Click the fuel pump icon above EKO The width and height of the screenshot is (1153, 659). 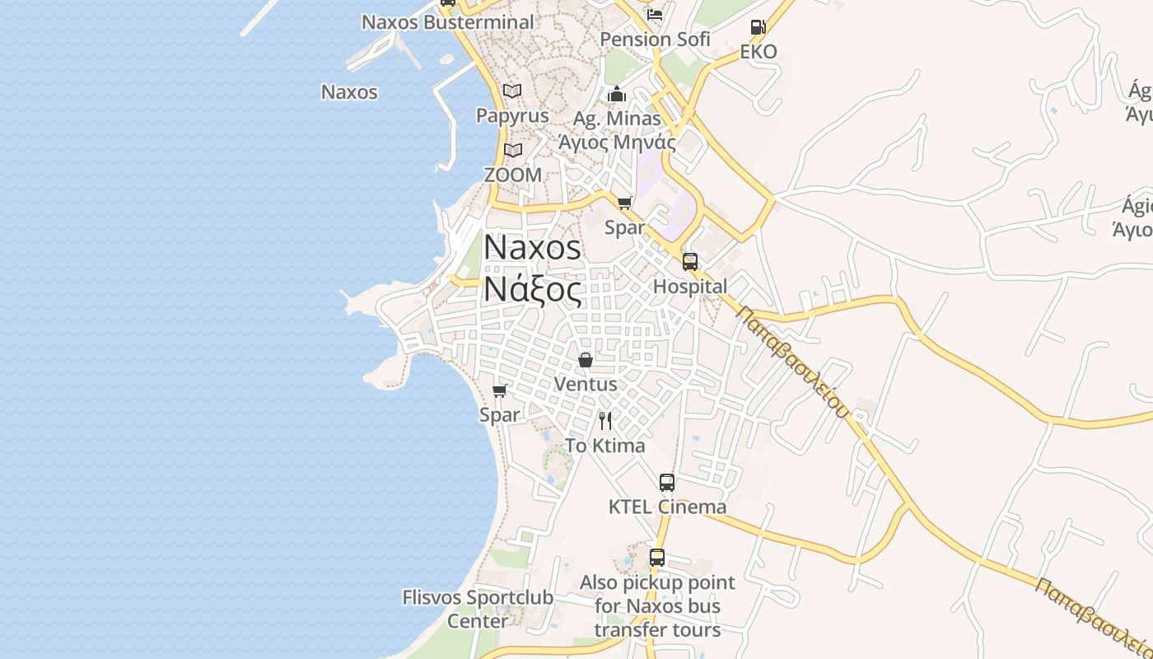tap(758, 27)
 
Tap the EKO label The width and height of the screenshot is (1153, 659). tap(758, 52)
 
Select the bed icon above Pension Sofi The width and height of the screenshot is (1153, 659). tap(655, 14)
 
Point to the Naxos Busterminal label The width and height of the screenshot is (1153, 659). tap(448, 22)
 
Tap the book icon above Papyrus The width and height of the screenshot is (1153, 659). tap(512, 91)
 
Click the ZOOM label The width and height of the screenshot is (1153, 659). tap(512, 175)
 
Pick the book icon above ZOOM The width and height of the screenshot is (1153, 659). tap(513, 150)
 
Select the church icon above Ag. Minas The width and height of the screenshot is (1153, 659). tap(617, 95)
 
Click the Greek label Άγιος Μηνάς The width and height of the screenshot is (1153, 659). tap(617, 143)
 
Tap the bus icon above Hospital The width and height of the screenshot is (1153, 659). tap(690, 262)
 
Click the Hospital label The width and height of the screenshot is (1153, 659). tap(690, 287)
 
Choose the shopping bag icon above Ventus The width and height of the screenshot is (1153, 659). tap(586, 360)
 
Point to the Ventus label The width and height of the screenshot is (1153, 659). tap(586, 384)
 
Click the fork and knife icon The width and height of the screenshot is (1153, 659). tap(605, 421)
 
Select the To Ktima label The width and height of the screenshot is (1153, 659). tap(605, 446)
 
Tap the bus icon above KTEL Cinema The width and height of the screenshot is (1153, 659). tap(667, 483)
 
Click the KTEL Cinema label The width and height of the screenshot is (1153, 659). tap(667, 507)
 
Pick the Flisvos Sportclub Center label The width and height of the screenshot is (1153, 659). tap(478, 608)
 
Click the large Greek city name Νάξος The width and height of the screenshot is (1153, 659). tap(532, 289)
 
